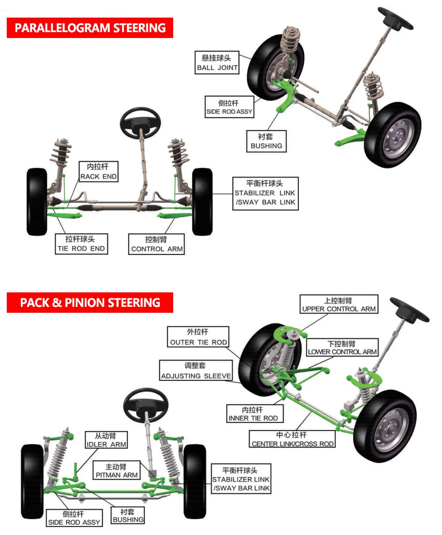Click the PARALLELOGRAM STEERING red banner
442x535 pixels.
(x=90, y=28)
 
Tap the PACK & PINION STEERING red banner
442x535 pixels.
(x=90, y=303)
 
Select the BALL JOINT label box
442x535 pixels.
(x=218, y=63)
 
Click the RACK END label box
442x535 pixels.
(x=98, y=172)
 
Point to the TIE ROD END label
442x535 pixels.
(x=81, y=244)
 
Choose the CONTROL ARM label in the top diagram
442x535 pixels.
(x=157, y=244)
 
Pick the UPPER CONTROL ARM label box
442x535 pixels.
(x=339, y=305)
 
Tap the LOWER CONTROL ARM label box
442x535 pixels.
(x=342, y=348)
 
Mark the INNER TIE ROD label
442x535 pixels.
(x=253, y=414)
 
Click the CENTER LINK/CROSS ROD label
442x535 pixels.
(x=293, y=439)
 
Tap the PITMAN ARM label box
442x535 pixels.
(x=117, y=471)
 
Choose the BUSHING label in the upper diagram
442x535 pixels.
(x=266, y=141)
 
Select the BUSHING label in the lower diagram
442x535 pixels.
(x=128, y=516)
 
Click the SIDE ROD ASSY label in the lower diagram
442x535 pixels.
(x=74, y=518)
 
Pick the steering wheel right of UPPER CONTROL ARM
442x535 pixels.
(x=409, y=310)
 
